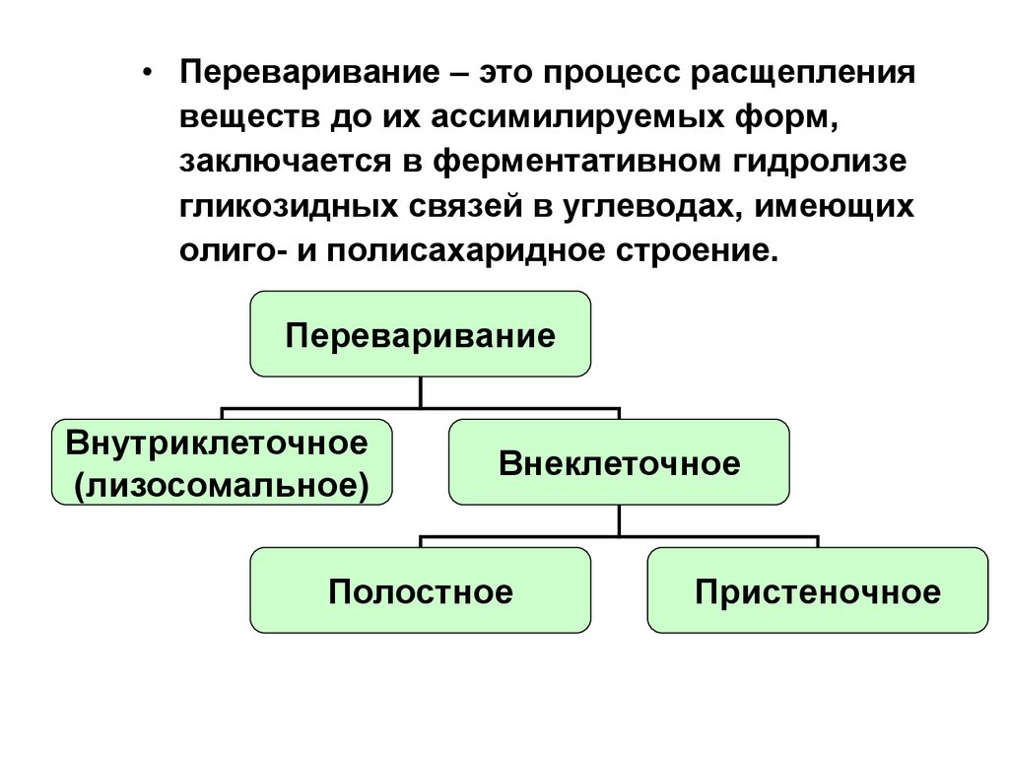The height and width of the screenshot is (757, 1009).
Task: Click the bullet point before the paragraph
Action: tap(148, 76)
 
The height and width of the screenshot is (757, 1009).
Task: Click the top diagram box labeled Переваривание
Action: tap(421, 333)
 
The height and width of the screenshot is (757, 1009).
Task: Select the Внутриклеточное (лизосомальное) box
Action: tap(222, 462)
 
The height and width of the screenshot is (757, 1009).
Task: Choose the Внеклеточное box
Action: tap(619, 462)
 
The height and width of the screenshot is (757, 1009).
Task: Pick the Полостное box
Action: tap(421, 590)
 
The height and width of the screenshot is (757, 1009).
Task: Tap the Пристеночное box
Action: tap(817, 590)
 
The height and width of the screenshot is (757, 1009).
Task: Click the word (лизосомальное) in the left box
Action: tap(222, 484)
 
